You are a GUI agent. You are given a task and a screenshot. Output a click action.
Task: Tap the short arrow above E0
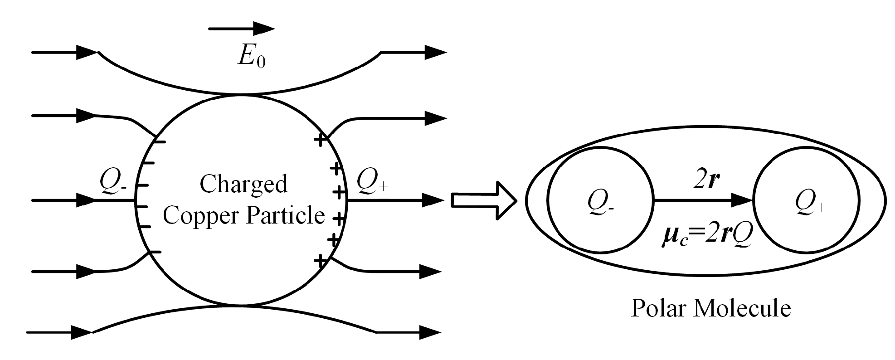pos(241,29)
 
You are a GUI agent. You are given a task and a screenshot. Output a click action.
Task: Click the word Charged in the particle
pos(243,184)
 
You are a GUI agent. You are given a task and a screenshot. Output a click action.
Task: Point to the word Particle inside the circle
pos(284,215)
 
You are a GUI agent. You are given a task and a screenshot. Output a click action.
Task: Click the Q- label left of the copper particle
pos(113,182)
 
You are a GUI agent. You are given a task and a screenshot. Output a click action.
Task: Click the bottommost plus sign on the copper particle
pos(321,261)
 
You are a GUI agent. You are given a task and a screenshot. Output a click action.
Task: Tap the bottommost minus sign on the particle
pos(155,252)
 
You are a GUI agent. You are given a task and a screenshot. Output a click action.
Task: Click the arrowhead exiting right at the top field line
pos(435,53)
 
